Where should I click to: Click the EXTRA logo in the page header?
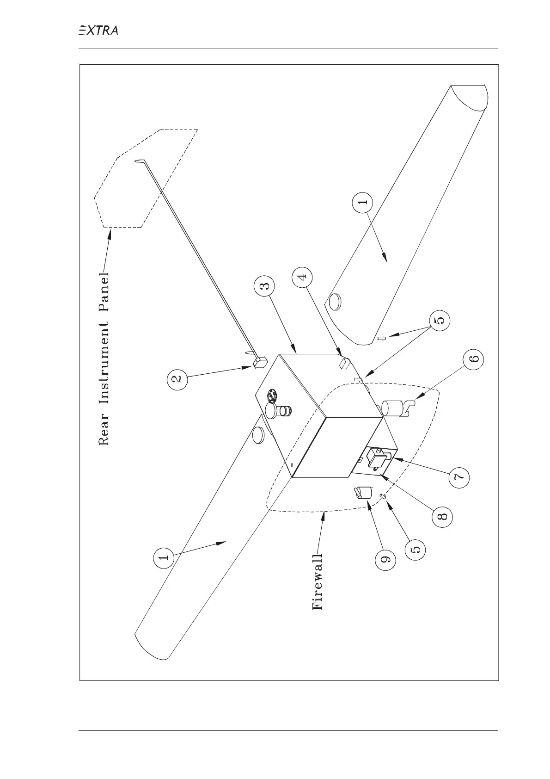pyautogui.click(x=98, y=31)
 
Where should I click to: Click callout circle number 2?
pyautogui.click(x=178, y=379)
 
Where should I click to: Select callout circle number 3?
pyautogui.click(x=264, y=286)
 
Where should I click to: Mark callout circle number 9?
pyautogui.click(x=385, y=559)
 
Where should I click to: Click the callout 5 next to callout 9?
pyautogui.click(x=415, y=549)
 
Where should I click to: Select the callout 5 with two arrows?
pyautogui.click(x=440, y=320)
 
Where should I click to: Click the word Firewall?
pyautogui.click(x=318, y=581)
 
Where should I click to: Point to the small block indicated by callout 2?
pyautogui.click(x=259, y=363)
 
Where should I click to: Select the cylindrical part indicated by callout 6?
pyautogui.click(x=393, y=408)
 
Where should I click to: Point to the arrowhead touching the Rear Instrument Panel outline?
pyautogui.click(x=109, y=234)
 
